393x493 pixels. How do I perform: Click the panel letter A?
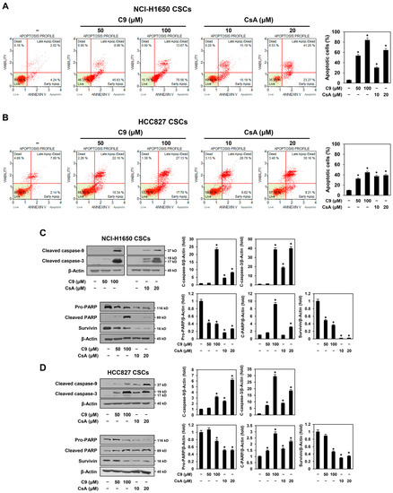(x=5, y=7)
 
